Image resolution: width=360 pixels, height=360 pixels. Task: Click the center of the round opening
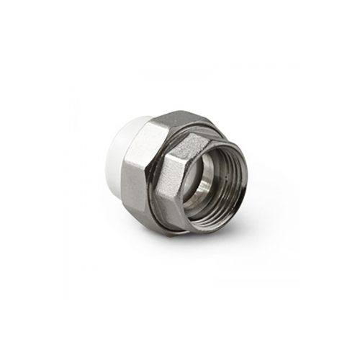[213, 176]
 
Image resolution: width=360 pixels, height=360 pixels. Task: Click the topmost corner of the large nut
[177, 112]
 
